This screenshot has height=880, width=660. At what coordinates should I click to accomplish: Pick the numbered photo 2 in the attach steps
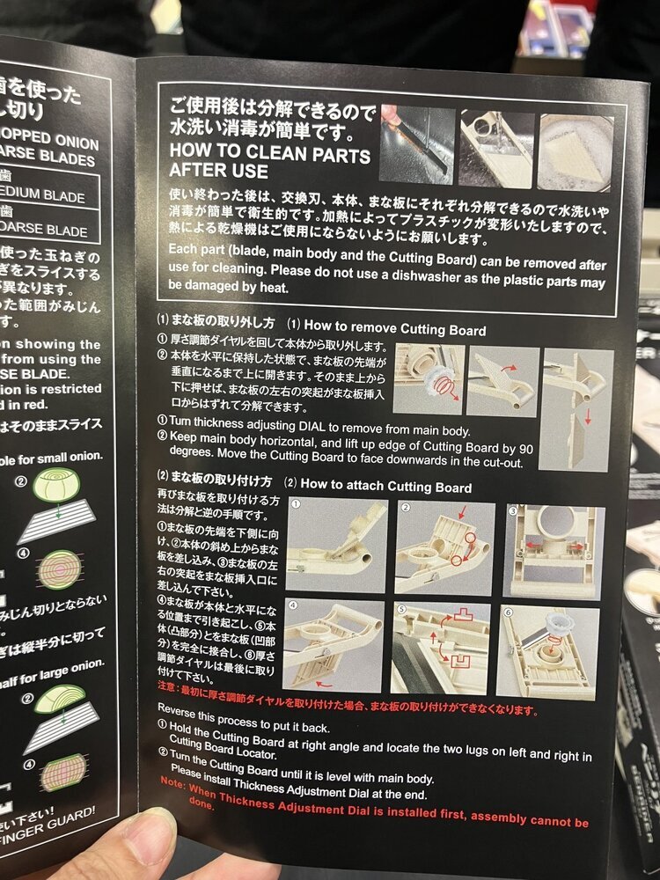pyautogui.click(x=444, y=546)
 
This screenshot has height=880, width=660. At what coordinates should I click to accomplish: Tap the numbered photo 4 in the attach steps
pyautogui.click(x=334, y=647)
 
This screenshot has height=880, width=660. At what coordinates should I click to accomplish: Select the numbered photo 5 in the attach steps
pyautogui.click(x=440, y=648)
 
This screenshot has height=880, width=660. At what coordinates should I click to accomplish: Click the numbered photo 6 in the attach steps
pyautogui.click(x=547, y=652)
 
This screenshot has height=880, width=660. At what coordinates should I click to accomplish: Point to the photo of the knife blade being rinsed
pyautogui.click(x=416, y=145)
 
